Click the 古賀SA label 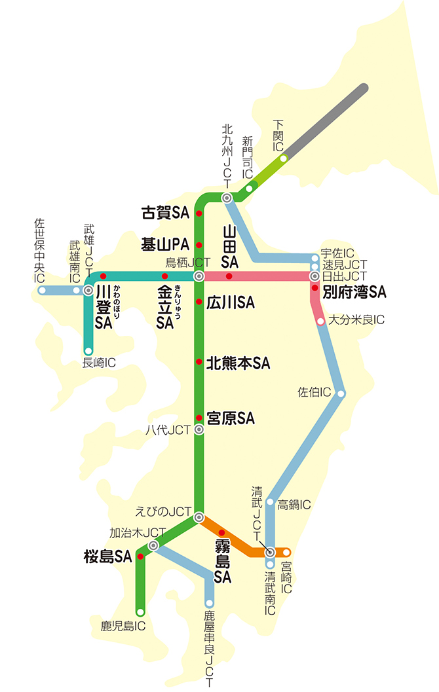[x=165, y=213]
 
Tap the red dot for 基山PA [x=199, y=246]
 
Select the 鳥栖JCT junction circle [x=199, y=277]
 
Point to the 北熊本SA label [x=238, y=362]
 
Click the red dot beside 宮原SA [x=199, y=418]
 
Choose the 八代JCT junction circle [x=199, y=430]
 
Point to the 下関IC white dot [x=283, y=158]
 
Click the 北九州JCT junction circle [x=227, y=198]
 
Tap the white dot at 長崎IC [x=88, y=351]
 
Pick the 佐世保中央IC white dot [x=42, y=289]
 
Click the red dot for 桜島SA [x=140, y=557]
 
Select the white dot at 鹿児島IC [x=140, y=612]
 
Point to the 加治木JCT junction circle [x=153, y=545]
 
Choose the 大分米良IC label [x=356, y=321]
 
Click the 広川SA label [x=230, y=302]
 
